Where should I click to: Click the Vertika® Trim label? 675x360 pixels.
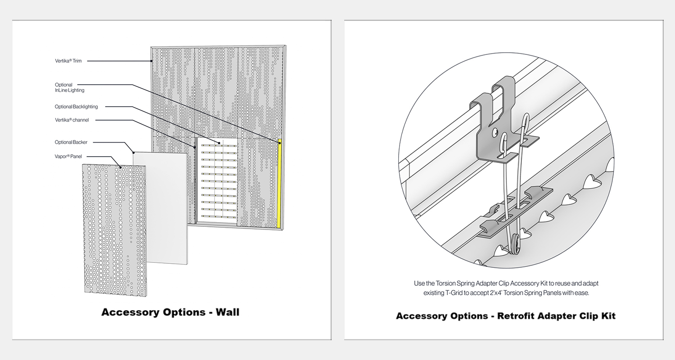(x=68, y=61)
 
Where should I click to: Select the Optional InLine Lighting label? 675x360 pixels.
(x=69, y=87)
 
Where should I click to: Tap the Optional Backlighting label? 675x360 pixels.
(x=76, y=107)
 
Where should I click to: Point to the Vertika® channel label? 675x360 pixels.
(x=72, y=120)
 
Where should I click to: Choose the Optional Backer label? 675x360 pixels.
(x=71, y=142)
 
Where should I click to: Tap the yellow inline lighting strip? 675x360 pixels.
(x=279, y=184)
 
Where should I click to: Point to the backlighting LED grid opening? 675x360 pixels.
(x=219, y=180)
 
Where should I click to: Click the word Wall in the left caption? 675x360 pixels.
(x=227, y=312)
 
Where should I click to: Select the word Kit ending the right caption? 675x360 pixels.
(x=607, y=316)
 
